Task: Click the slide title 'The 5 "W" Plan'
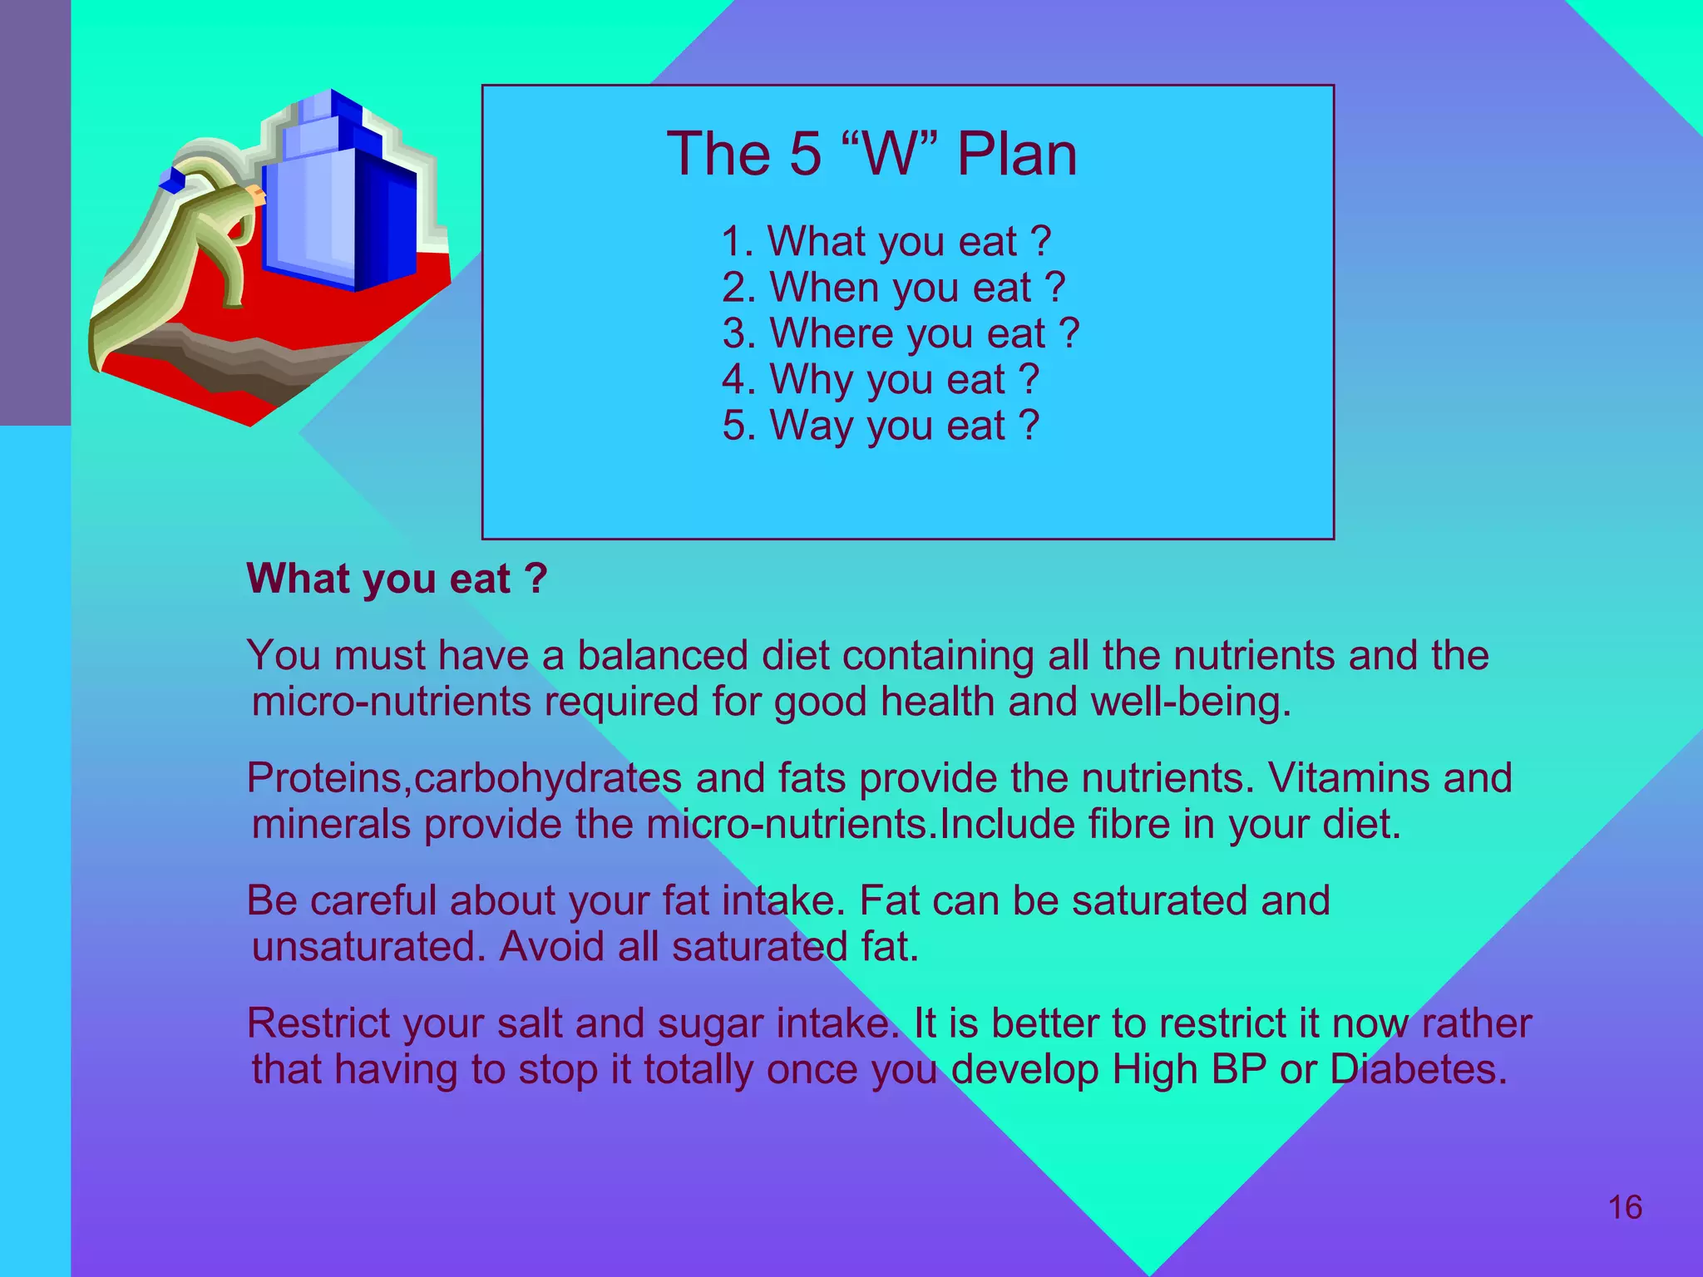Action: point(871,155)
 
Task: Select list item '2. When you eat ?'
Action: point(893,288)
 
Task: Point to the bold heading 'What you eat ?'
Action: point(397,579)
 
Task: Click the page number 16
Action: point(1625,1208)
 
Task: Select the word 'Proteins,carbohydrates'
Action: point(464,779)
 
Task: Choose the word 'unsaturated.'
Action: point(368,947)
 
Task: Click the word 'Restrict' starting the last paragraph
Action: point(318,1023)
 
